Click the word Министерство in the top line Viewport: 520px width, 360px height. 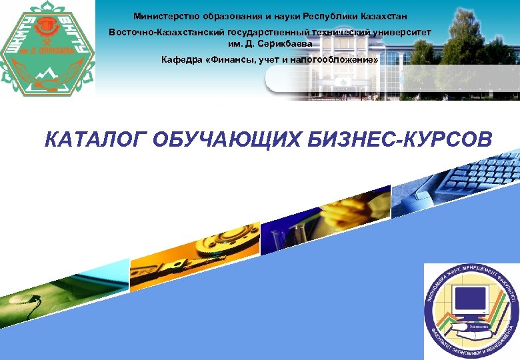pyautogui.click(x=164, y=15)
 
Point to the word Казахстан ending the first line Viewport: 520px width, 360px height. pyautogui.click(x=379, y=15)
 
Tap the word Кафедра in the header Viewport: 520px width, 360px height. pyautogui.click(x=181, y=60)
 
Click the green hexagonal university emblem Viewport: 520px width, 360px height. pyautogui.click(x=47, y=48)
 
